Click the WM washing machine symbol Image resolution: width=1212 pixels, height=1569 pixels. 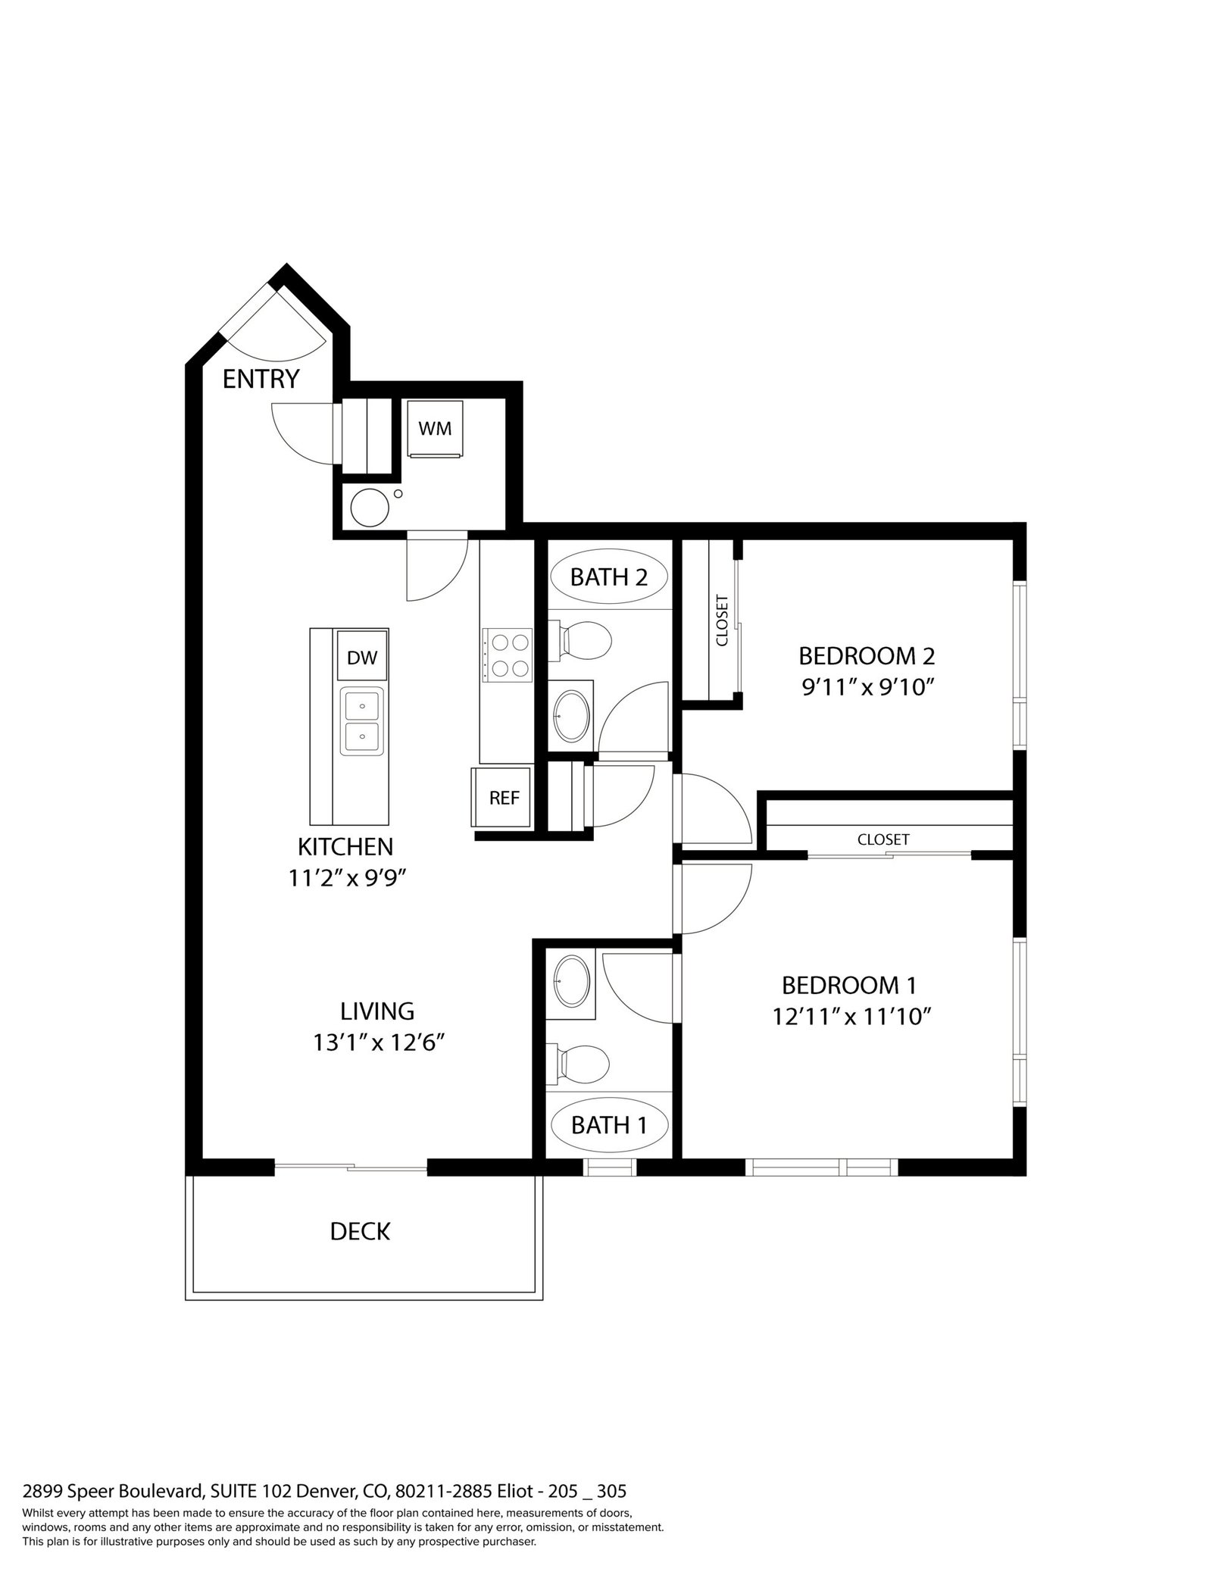(x=435, y=429)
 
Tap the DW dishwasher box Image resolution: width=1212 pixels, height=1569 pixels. (x=362, y=656)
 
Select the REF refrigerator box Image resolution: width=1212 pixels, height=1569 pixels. (x=503, y=797)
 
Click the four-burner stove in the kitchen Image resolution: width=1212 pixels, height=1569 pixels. (x=508, y=655)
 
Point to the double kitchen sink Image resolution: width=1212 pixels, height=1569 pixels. (x=362, y=720)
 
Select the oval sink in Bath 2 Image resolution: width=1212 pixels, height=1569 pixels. (x=571, y=714)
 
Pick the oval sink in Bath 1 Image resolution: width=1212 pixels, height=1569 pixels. (x=571, y=981)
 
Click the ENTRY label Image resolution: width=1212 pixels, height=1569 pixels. (x=261, y=379)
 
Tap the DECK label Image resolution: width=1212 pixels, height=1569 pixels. (x=360, y=1231)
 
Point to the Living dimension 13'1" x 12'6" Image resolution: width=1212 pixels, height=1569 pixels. (x=378, y=1043)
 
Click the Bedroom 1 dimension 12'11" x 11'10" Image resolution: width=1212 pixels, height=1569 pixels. (x=851, y=1016)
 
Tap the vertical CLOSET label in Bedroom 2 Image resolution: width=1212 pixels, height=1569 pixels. (x=722, y=621)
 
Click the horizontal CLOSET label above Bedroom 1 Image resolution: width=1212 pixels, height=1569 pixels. (x=883, y=839)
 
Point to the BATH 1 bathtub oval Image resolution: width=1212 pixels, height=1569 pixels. (x=610, y=1125)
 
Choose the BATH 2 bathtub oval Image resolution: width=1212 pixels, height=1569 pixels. (x=610, y=577)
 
